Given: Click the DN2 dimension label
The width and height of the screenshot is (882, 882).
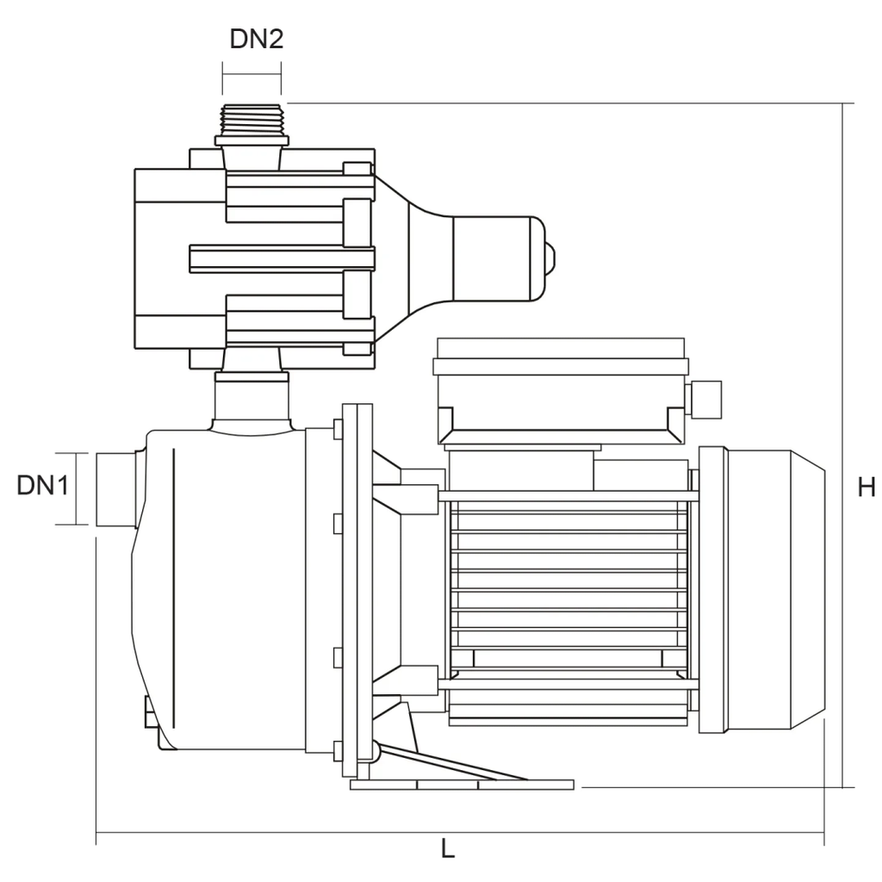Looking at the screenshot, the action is (257, 39).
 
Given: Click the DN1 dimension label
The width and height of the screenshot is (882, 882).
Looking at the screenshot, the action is (43, 485).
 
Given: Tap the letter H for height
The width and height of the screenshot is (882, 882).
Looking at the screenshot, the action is (866, 488).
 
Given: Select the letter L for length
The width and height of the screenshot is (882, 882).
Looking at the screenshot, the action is (448, 848).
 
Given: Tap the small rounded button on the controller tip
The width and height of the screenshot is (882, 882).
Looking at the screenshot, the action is (550, 258).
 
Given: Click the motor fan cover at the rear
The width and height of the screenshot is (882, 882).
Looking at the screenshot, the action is (761, 590).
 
